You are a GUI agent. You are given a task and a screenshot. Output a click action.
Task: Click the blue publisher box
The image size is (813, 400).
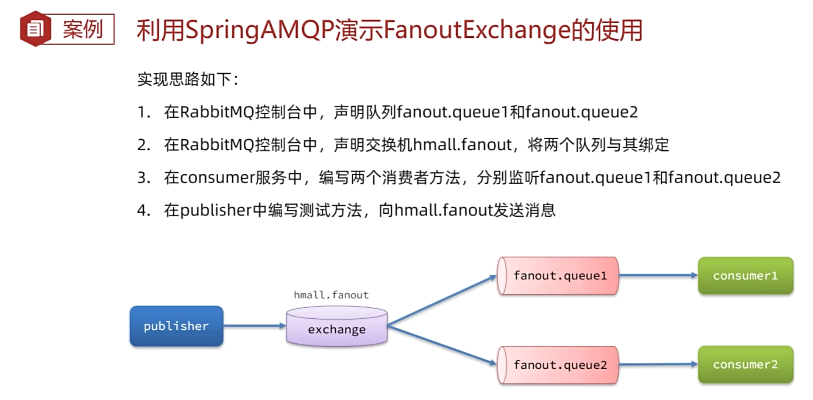pyautogui.click(x=176, y=326)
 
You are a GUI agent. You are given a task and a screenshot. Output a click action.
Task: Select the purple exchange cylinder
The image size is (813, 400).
pyautogui.click(x=337, y=327)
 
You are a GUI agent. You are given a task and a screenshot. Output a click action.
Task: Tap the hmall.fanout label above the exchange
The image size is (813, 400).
pyautogui.click(x=331, y=295)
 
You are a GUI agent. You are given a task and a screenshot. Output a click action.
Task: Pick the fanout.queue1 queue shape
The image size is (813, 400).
pyautogui.click(x=558, y=276)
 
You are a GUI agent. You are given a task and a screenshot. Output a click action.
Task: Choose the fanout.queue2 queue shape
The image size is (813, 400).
pyautogui.click(x=558, y=364)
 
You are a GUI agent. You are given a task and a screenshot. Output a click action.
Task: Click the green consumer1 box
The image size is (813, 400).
pyautogui.click(x=745, y=276)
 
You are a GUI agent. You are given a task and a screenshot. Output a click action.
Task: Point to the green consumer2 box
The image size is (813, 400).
pyautogui.click(x=745, y=364)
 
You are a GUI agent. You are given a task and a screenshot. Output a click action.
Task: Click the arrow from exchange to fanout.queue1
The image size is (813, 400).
pyautogui.click(x=441, y=301)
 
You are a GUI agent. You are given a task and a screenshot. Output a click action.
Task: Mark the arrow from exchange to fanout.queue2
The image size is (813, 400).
pyautogui.click(x=441, y=345)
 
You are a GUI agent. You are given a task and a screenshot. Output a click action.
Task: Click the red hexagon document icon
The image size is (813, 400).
pyautogui.click(x=35, y=29)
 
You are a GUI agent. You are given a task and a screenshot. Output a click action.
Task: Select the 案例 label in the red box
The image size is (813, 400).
pyautogui.click(x=83, y=29)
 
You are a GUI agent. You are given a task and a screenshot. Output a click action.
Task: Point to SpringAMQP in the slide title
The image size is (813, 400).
pyautogui.click(x=259, y=30)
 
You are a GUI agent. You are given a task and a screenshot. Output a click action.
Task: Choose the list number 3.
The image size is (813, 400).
pyautogui.click(x=143, y=178)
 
